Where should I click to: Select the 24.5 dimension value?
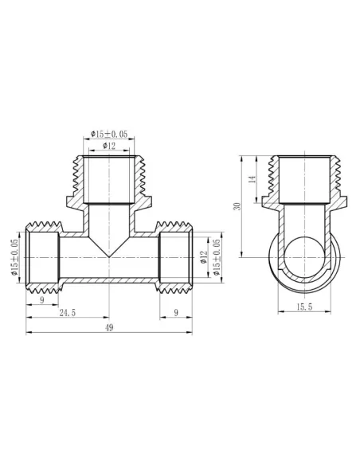click(67, 313)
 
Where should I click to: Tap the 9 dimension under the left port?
click(41, 300)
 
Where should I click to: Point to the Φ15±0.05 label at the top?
click(110, 134)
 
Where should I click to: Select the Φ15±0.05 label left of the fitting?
click(14, 256)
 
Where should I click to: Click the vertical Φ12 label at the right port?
click(204, 256)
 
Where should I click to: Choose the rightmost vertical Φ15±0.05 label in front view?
click(216, 256)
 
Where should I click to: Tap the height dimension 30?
click(237, 206)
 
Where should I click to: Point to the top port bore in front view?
click(108, 178)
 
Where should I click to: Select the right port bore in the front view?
click(174, 256)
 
